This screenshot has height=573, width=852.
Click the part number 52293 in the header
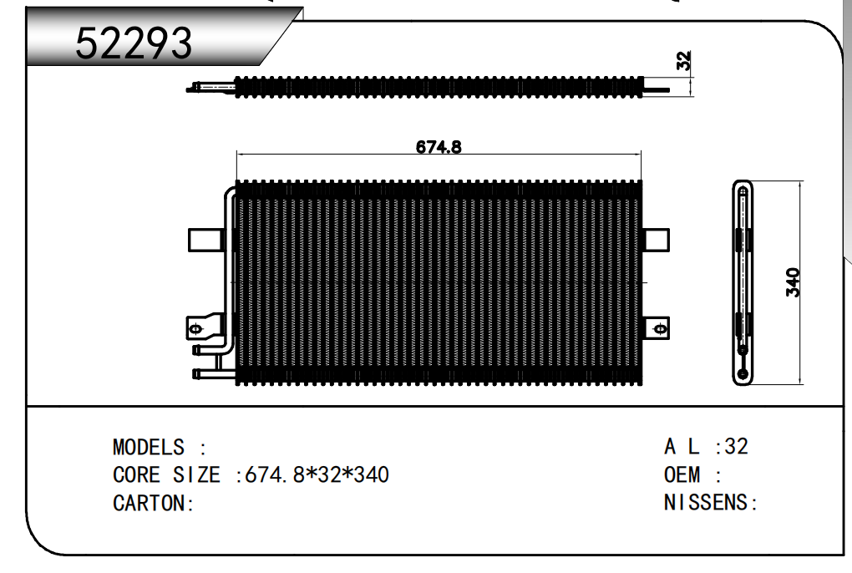click(x=134, y=43)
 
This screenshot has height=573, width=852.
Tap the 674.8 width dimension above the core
click(x=439, y=147)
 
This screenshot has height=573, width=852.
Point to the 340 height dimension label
click(x=794, y=282)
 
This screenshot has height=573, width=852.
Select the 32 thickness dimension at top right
click(x=684, y=60)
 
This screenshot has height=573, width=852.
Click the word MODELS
click(x=149, y=448)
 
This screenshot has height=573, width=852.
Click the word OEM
click(x=682, y=475)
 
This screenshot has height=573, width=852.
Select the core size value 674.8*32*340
click(x=317, y=475)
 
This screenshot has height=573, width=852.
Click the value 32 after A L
click(x=736, y=446)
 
